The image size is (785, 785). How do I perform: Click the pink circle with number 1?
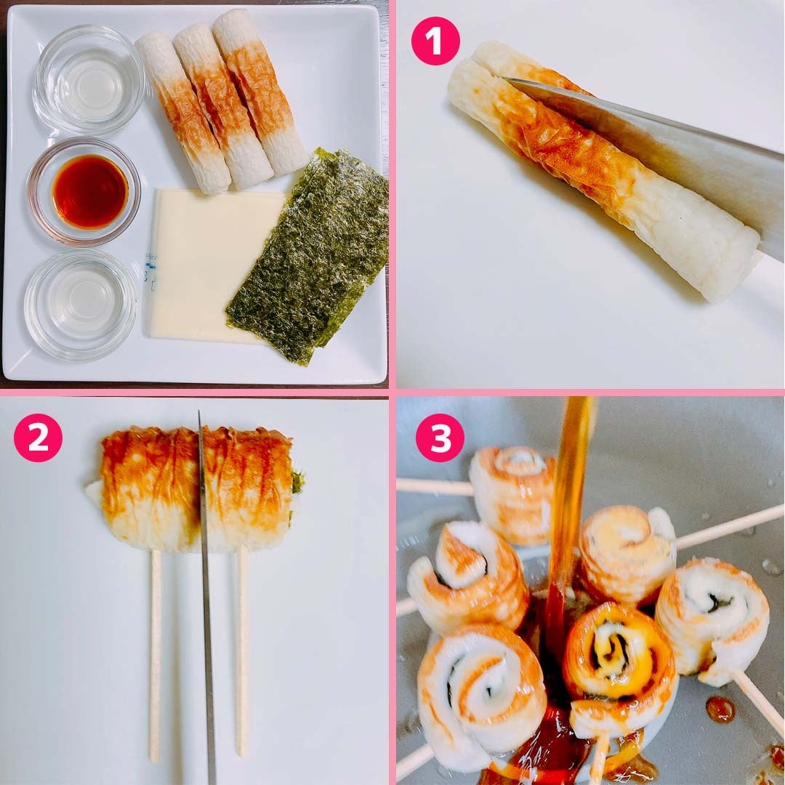click(x=435, y=41)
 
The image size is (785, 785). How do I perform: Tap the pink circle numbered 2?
click(x=38, y=438)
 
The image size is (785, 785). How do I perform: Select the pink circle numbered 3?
click(x=440, y=438)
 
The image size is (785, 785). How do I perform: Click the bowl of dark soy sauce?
click(x=84, y=192)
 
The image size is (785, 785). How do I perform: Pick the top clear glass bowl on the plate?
click(x=89, y=80)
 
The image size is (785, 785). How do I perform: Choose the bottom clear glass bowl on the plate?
click(x=80, y=305)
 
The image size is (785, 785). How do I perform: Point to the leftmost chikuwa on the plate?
click(x=182, y=113)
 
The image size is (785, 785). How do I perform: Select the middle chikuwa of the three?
click(x=223, y=106)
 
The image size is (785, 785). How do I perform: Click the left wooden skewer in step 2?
click(x=156, y=656)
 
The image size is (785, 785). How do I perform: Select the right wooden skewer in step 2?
click(x=242, y=651)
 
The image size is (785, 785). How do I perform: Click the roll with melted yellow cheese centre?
click(x=621, y=661)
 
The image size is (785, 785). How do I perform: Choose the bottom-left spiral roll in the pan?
click(x=480, y=696)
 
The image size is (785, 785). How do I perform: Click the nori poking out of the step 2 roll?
click(x=297, y=482)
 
